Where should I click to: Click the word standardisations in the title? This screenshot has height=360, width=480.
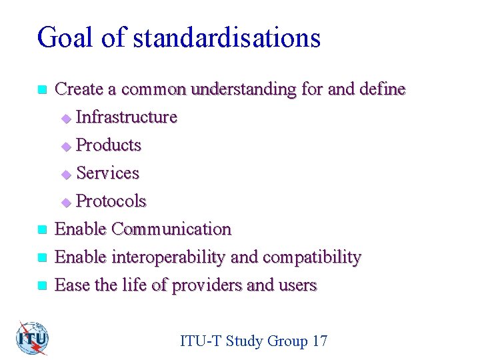(227, 38)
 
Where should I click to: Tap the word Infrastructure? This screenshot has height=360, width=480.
(127, 117)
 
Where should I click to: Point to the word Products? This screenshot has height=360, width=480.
(109, 145)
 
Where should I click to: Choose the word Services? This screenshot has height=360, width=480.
(108, 173)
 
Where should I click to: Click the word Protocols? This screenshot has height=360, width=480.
(111, 201)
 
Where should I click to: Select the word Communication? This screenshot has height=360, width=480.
(171, 229)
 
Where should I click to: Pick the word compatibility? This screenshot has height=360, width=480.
(312, 257)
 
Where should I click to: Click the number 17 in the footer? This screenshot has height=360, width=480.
(319, 341)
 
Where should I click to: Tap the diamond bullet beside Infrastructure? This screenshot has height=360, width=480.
(65, 119)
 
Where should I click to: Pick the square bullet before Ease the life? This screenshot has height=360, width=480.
(42, 286)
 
